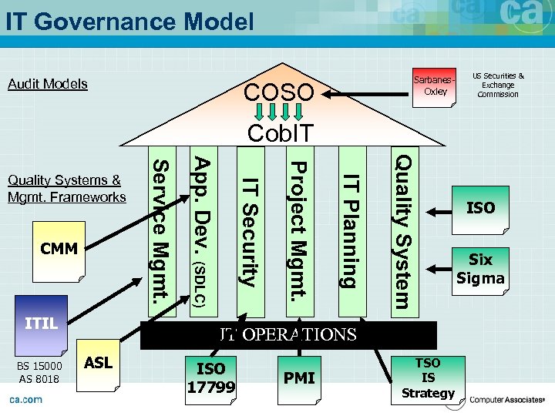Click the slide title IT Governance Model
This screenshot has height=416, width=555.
click(x=129, y=21)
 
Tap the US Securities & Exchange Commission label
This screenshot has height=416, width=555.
click(x=498, y=86)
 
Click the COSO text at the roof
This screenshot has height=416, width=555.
click(x=278, y=93)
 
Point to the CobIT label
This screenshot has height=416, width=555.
click(x=281, y=133)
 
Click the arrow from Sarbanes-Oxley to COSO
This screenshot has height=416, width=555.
click(x=366, y=95)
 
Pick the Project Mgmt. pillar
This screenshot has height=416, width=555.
click(x=299, y=231)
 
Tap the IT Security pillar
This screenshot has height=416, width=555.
click(x=248, y=231)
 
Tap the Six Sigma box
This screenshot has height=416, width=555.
click(x=481, y=269)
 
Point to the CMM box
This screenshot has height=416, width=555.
click(x=59, y=250)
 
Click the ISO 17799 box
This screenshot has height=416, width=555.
click(x=210, y=377)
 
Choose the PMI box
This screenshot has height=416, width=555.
click(x=299, y=378)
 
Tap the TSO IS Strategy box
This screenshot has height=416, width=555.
click(x=429, y=378)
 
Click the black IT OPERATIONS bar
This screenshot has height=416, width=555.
click(x=288, y=335)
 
